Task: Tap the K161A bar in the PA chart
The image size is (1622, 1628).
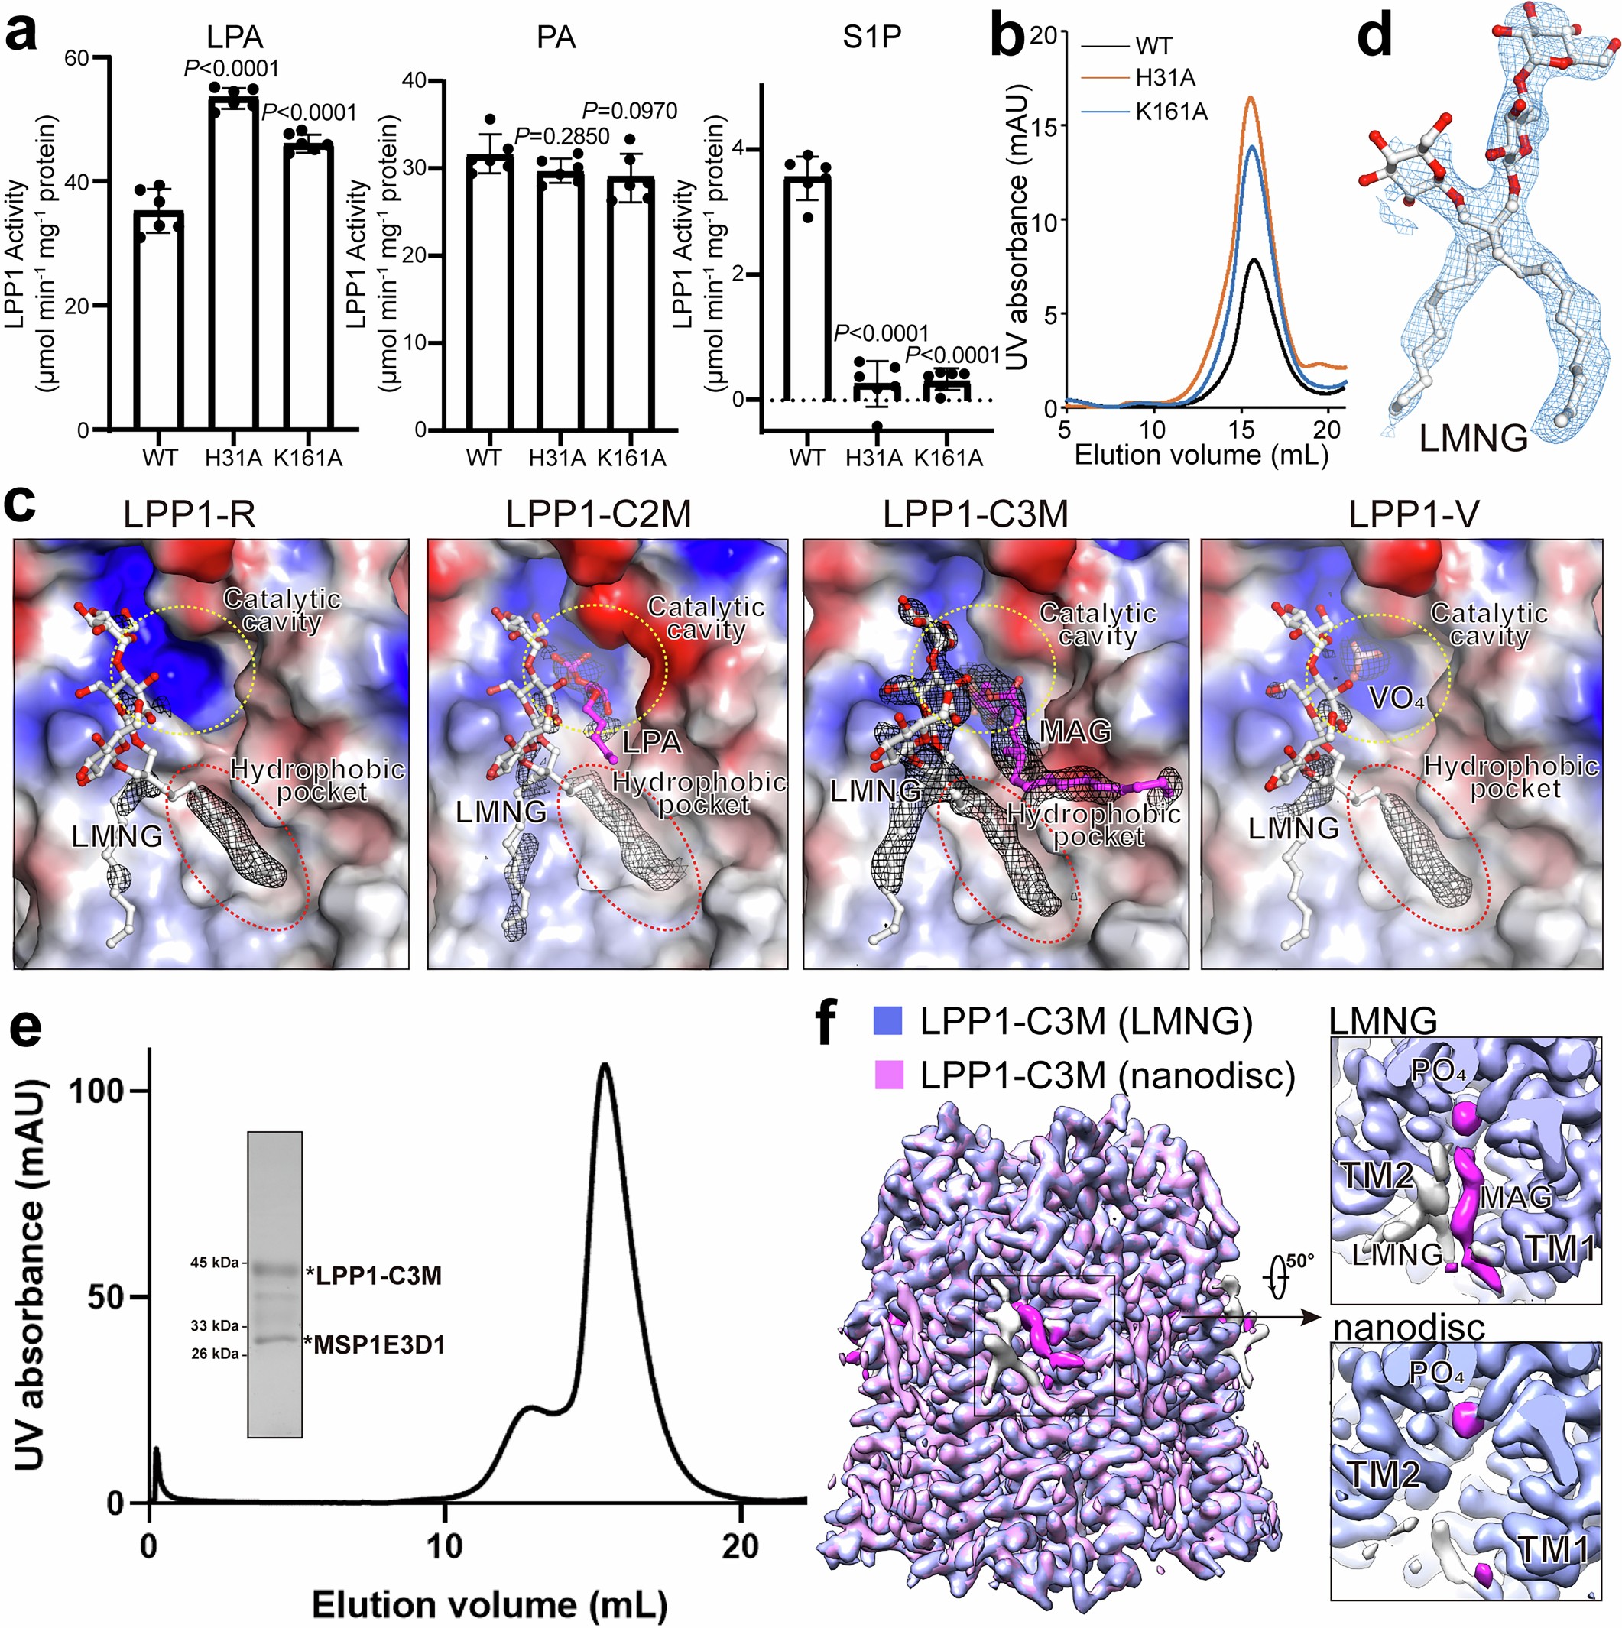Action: tap(631, 303)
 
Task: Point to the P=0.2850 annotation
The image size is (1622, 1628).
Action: tap(561, 137)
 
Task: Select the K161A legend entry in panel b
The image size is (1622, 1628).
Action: tap(1171, 112)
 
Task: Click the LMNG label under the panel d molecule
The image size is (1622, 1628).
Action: tap(1473, 438)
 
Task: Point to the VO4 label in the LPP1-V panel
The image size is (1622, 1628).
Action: tap(1397, 698)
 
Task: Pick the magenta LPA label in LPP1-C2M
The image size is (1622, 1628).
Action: tap(651, 741)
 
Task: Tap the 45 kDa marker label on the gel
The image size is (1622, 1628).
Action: tap(214, 1263)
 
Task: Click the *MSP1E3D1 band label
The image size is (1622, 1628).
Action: tap(375, 1346)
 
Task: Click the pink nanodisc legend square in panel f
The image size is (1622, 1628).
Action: tap(889, 1076)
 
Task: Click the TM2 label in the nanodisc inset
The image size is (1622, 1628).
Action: tap(1383, 1474)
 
